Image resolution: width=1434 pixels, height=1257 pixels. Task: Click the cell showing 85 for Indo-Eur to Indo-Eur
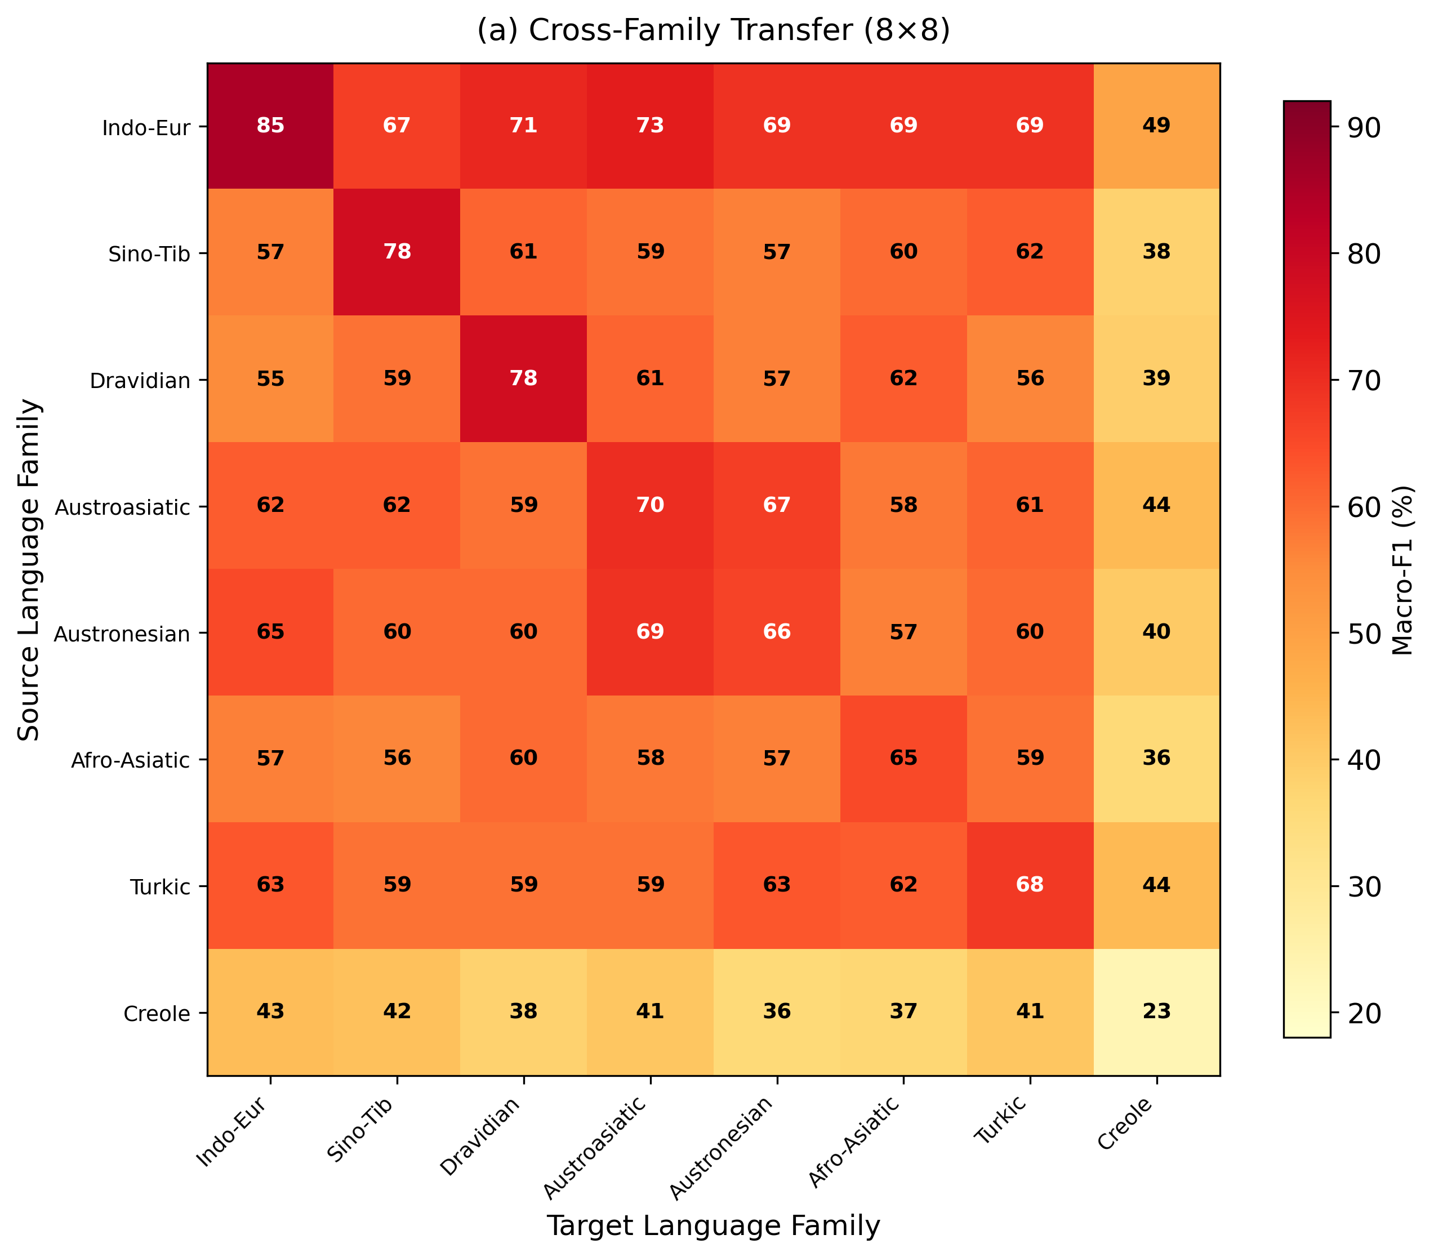click(270, 126)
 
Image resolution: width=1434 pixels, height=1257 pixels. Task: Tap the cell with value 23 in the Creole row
click(1156, 1011)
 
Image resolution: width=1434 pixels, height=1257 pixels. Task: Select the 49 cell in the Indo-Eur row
click(1156, 126)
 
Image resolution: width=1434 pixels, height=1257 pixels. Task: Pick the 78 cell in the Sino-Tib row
click(397, 252)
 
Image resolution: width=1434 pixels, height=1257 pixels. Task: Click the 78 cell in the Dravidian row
click(523, 379)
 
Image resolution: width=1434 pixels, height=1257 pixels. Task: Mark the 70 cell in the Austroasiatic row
click(651, 505)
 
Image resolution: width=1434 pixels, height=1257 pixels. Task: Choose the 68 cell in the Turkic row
click(1030, 885)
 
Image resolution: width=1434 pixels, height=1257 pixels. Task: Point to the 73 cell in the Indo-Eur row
click(651, 126)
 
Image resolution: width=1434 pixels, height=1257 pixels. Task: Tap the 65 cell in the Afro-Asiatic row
click(903, 758)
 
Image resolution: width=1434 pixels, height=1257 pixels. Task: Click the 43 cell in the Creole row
click(270, 1011)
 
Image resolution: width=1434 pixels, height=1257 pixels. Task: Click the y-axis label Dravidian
click(140, 381)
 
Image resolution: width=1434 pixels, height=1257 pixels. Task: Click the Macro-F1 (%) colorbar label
click(1402, 569)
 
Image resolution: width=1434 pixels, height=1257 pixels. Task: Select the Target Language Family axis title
click(713, 1225)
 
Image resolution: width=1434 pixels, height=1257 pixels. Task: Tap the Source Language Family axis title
click(29, 569)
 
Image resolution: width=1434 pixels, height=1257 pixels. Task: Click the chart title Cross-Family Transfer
click(713, 30)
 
